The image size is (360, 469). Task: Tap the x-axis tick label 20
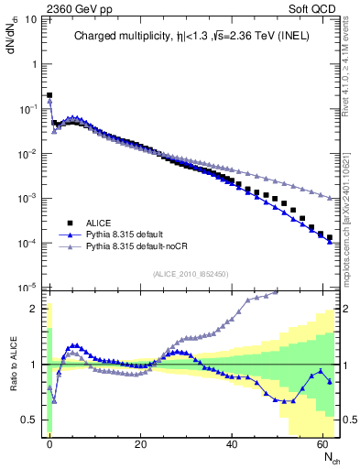tap(140, 443)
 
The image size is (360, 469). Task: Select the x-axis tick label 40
tap(232, 443)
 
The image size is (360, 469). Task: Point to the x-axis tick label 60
tap(323, 443)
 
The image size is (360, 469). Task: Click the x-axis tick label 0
tap(49, 443)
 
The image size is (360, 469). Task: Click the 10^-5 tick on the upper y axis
tap(29, 288)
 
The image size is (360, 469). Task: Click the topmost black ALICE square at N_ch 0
tap(49, 95)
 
